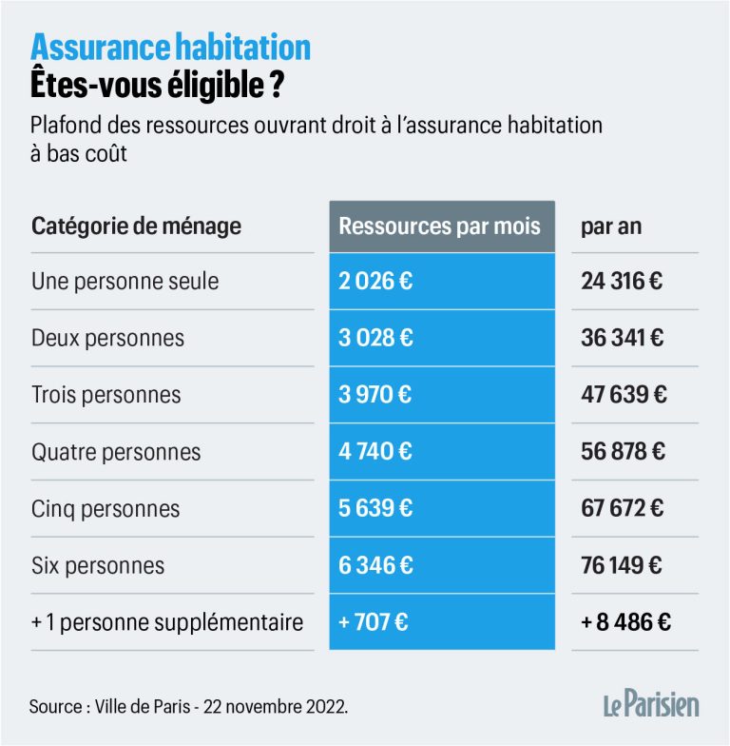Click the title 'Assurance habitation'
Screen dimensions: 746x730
tap(171, 48)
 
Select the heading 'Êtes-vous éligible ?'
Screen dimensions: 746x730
tap(157, 85)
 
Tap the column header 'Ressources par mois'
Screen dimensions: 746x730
tap(439, 226)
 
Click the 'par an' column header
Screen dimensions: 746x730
tap(611, 226)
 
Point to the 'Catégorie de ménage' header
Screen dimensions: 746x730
tap(136, 226)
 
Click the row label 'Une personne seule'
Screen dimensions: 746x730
tap(125, 282)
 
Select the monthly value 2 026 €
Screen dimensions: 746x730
tap(375, 282)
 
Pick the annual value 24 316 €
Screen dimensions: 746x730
tap(622, 282)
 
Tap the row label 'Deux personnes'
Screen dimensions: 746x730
tap(107, 338)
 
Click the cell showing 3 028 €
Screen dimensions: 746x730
tap(375, 338)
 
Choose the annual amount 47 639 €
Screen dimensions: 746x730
tap(622, 394)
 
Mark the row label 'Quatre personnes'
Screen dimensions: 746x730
tap(118, 451)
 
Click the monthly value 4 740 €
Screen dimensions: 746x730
tap(375, 451)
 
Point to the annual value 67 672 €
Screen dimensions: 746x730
tap(622, 508)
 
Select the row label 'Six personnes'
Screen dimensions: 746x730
tap(97, 565)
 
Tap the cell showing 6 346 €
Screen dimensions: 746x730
tap(375, 565)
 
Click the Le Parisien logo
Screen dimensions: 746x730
tap(651, 706)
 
